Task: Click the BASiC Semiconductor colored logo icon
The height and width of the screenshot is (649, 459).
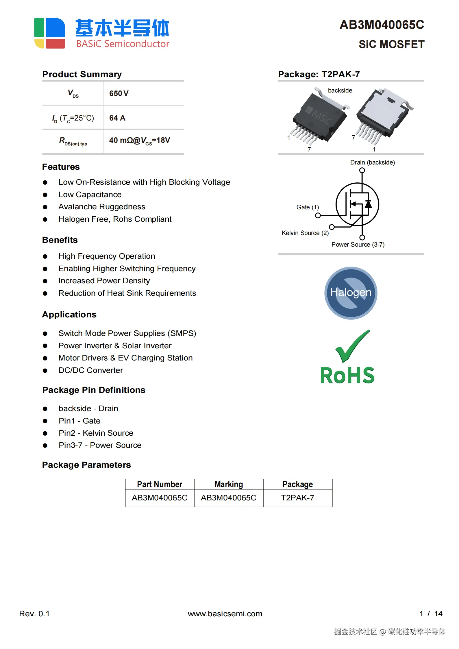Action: [x=49, y=33]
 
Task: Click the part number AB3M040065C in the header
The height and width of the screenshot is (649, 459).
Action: [x=382, y=25]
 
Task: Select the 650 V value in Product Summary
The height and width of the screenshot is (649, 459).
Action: [x=119, y=93]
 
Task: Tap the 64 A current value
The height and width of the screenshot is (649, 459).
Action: [x=117, y=118]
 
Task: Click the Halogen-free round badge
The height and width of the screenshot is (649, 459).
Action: [x=351, y=293]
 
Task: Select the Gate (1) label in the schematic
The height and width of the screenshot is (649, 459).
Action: [x=308, y=207]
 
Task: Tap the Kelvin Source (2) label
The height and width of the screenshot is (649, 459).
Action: [x=305, y=233]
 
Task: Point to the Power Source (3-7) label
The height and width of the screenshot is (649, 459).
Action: [x=358, y=245]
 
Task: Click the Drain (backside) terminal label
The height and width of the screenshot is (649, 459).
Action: [x=372, y=162]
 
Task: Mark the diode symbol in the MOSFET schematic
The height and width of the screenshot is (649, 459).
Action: [x=368, y=204]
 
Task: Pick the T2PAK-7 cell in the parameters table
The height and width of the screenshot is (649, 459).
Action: [x=297, y=498]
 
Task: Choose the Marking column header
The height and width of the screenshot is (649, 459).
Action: [x=229, y=485]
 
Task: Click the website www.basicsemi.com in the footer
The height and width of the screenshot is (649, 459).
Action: [x=225, y=613]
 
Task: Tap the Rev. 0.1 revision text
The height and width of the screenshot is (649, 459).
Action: [x=34, y=613]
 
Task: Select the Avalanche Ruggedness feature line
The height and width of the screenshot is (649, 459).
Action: [x=102, y=207]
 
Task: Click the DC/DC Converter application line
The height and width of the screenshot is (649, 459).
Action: [x=90, y=370]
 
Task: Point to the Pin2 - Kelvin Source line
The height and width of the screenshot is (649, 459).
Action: [x=96, y=433]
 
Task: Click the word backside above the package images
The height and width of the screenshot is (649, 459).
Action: [x=340, y=90]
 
